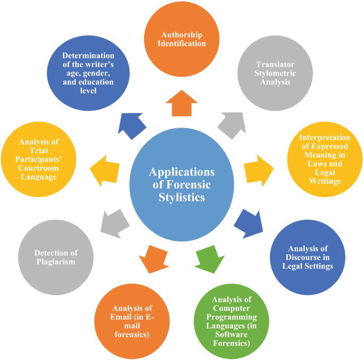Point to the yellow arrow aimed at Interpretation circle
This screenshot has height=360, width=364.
pos(258,168)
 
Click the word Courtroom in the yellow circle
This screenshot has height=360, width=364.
pos(38,168)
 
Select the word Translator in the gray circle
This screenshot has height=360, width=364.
pos(274,64)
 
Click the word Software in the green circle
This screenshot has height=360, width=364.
pos(235,334)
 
